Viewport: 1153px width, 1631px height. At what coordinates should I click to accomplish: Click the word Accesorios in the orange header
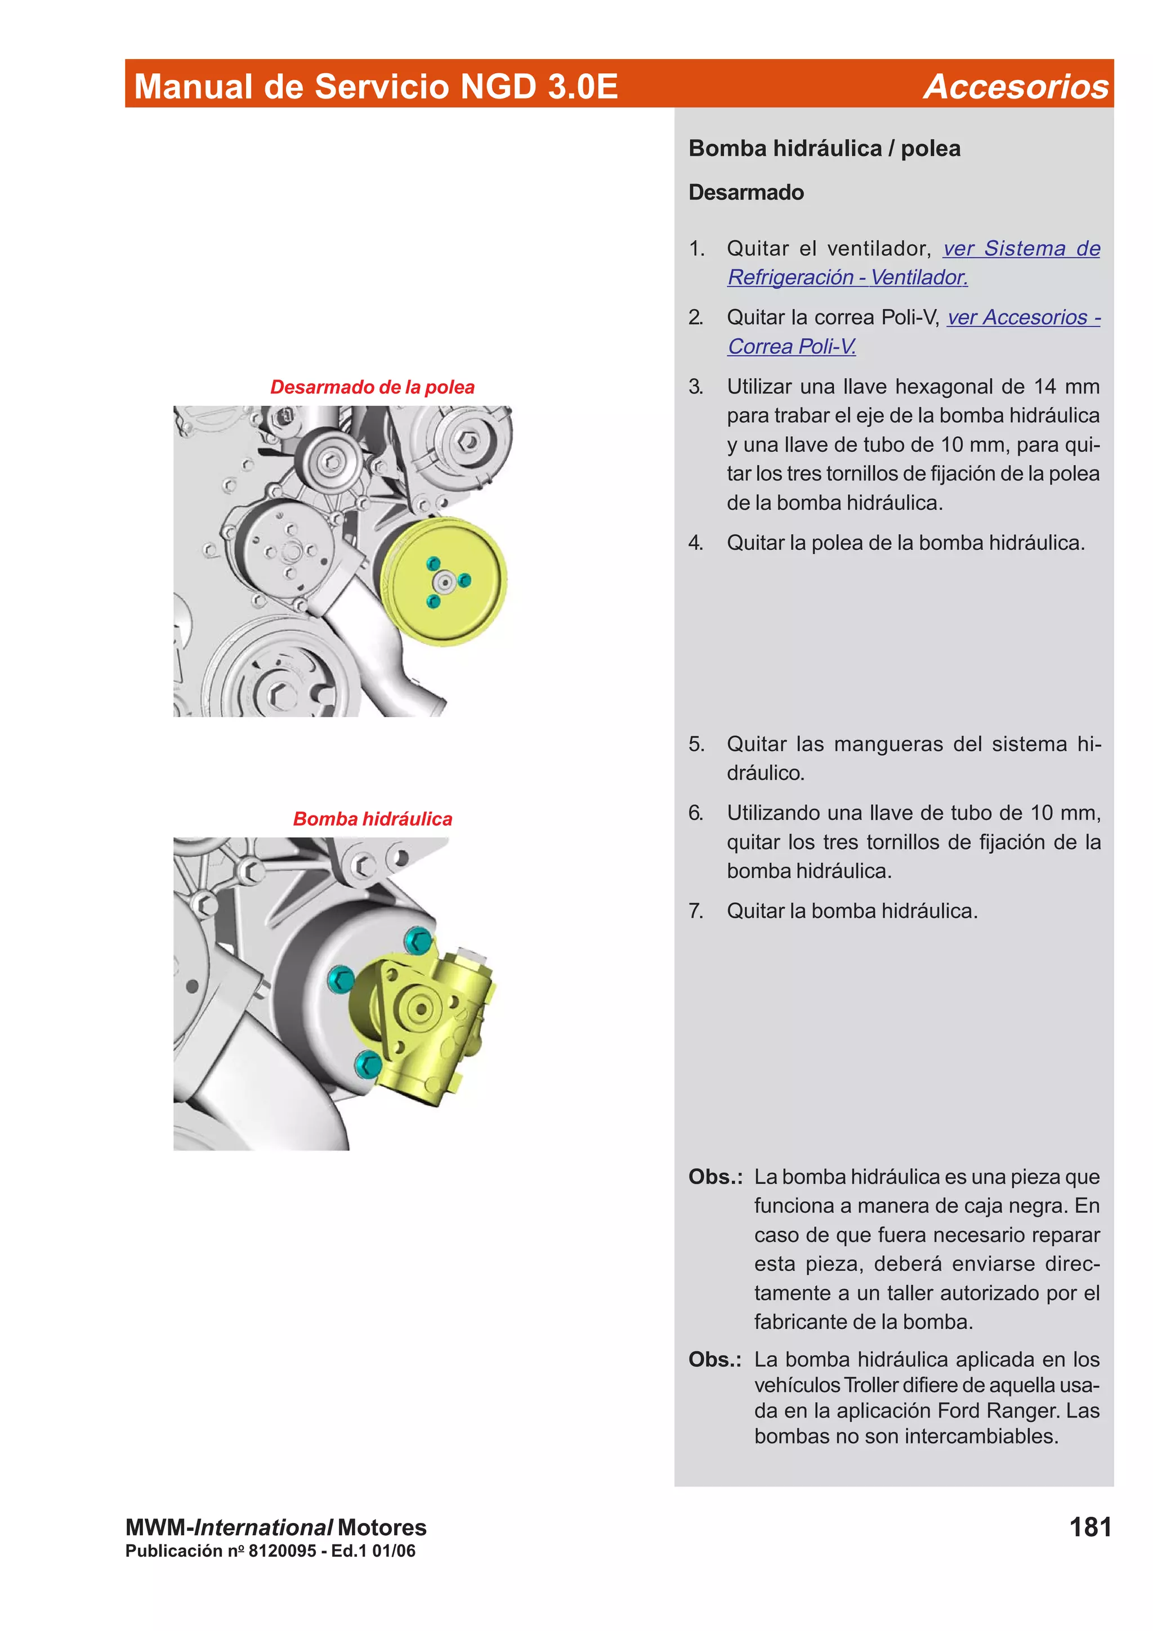pyautogui.click(x=1015, y=87)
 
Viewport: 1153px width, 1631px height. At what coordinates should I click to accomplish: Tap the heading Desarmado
pyautogui.click(x=746, y=192)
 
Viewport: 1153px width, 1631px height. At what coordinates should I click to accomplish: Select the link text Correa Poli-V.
pyautogui.click(x=792, y=347)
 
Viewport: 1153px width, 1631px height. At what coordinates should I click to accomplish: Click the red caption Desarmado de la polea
pyautogui.click(x=372, y=387)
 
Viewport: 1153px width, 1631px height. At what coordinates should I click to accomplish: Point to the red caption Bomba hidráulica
pyautogui.click(x=372, y=819)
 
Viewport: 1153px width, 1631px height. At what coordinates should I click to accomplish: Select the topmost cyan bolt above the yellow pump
pyautogui.click(x=418, y=940)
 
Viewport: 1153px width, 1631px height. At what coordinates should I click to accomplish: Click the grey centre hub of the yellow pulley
pyautogui.click(x=445, y=583)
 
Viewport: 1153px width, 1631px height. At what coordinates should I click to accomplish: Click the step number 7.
pyautogui.click(x=695, y=911)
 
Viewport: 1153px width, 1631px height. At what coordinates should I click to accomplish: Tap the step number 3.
pyautogui.click(x=695, y=387)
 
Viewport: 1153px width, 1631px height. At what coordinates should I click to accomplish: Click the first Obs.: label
pyautogui.click(x=714, y=1176)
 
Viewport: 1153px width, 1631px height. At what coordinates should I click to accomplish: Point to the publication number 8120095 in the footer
pyautogui.click(x=282, y=1551)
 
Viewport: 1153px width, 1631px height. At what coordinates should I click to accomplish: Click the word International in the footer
pyautogui.click(x=263, y=1527)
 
